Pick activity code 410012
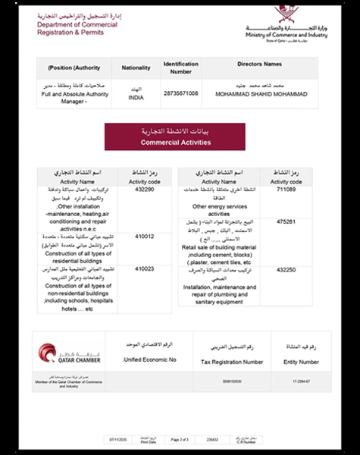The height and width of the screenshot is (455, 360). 144,237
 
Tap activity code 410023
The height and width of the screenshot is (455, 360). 144,268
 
